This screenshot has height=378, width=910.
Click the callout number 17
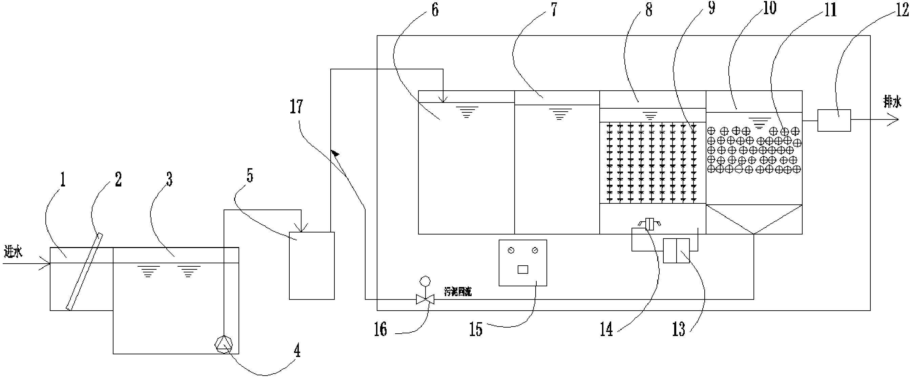coord(296,107)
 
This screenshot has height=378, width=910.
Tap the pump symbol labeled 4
coord(224,344)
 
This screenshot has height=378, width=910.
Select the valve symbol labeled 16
coord(425,299)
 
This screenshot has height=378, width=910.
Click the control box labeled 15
coord(523,263)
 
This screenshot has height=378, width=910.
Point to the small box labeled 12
coord(834,120)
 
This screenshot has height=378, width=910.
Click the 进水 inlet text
coord(13,252)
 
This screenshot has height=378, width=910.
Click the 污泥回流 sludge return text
coord(457,292)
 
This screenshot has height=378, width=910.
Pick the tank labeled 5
coord(312,265)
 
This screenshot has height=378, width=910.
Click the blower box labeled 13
coord(676,250)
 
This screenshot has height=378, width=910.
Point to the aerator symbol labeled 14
coord(649,224)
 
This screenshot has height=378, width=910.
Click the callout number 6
coord(435,10)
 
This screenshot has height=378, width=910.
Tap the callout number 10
coord(770,8)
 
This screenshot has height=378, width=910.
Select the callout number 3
coord(169,179)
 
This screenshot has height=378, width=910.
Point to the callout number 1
coord(63,179)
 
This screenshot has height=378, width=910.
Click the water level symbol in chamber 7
coord(559,114)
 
